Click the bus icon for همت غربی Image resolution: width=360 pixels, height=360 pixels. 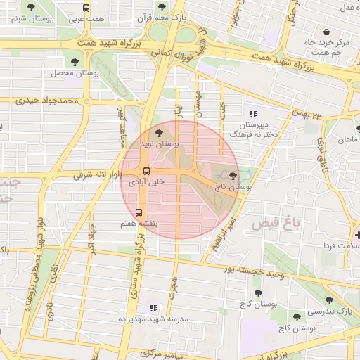coord(86,8)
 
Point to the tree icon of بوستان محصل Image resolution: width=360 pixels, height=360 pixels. coord(75,62)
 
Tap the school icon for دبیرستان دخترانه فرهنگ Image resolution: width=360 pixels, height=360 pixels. coord(253,113)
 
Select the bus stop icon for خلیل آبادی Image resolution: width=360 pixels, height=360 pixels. coord(146,171)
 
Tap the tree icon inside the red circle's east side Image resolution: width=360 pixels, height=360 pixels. coord(233,176)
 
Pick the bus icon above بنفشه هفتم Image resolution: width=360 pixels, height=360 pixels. coord(138,212)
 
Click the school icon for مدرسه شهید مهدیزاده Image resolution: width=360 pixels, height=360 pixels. coord(153,308)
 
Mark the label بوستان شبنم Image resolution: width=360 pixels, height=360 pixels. coord(23,19)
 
